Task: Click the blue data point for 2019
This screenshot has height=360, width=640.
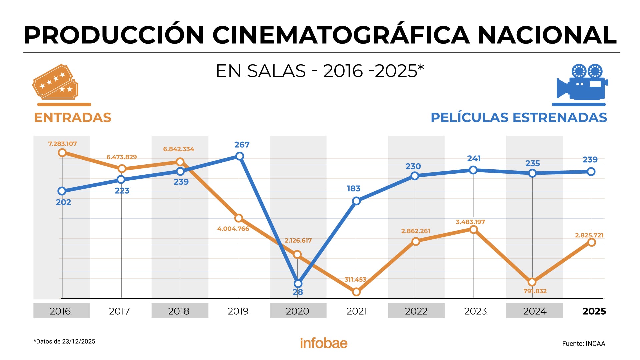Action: pyautogui.click(x=240, y=156)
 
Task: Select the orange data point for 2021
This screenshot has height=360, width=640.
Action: pyautogui.click(x=356, y=292)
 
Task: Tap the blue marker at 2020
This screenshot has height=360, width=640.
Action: pyautogui.click(x=298, y=284)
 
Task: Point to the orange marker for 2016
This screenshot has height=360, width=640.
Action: pyautogui.click(x=62, y=153)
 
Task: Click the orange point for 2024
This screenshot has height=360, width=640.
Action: pyautogui.click(x=532, y=282)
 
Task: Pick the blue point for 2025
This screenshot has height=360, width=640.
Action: pyautogui.click(x=591, y=172)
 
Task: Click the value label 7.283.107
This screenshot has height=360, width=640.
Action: pyautogui.click(x=62, y=144)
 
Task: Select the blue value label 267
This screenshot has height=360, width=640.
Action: pyautogui.click(x=242, y=145)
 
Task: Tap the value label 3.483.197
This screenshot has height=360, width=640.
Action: pyautogui.click(x=470, y=222)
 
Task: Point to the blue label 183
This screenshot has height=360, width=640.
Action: pyautogui.click(x=354, y=189)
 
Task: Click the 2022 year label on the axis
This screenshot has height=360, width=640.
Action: pyautogui.click(x=416, y=311)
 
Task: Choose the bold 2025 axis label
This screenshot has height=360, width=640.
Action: pyautogui.click(x=594, y=311)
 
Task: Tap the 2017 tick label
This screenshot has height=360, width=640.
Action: pyautogui.click(x=119, y=311)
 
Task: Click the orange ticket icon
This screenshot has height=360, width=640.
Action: pyautogui.click(x=56, y=82)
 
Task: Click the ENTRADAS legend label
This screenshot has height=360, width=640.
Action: pyautogui.click(x=73, y=118)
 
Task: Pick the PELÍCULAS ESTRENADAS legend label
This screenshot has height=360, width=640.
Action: pyautogui.click(x=519, y=118)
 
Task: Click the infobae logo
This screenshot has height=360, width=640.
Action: pyautogui.click(x=324, y=343)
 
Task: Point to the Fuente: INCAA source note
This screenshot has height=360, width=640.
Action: pyautogui.click(x=583, y=344)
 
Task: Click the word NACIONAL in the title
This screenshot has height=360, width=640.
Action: pyautogui.click(x=547, y=35)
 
